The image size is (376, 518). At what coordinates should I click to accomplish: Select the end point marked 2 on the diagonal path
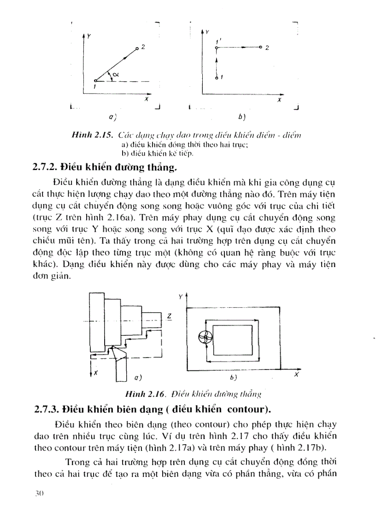(x=137, y=48)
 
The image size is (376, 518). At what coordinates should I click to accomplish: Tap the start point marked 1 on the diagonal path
(x=94, y=81)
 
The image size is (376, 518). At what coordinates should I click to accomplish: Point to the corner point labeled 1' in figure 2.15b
(x=217, y=47)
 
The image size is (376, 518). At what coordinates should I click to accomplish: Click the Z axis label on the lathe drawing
(x=169, y=316)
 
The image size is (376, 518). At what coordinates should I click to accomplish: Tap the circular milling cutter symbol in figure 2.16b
(x=204, y=338)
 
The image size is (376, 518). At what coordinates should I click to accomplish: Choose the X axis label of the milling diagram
(x=296, y=375)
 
